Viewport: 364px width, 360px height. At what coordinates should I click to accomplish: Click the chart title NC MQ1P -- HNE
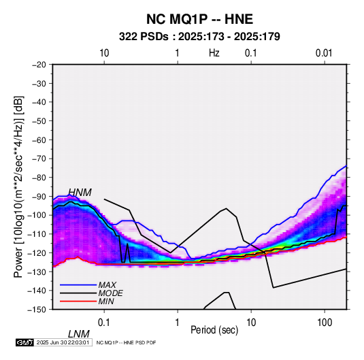(199, 19)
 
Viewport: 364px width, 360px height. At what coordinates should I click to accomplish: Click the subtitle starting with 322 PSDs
(199, 37)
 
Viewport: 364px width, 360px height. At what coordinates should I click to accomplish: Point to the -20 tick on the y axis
(39, 65)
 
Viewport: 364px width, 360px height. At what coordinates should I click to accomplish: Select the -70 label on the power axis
(39, 159)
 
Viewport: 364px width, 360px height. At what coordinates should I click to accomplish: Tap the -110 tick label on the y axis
(37, 234)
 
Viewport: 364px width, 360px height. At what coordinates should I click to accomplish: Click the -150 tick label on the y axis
(37, 310)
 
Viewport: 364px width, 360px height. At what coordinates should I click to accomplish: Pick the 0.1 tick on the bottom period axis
(104, 323)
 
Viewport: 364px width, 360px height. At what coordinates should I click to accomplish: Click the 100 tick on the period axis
(325, 323)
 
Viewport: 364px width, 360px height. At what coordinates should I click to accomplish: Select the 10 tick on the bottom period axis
(251, 323)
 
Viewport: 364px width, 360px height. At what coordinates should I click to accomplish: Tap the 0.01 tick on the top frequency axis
(324, 53)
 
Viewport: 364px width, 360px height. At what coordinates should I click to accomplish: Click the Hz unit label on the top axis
(214, 53)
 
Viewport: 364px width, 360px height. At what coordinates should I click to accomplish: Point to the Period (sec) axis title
(214, 330)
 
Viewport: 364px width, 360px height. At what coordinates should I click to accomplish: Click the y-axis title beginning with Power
(18, 186)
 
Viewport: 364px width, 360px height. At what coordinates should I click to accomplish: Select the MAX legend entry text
(107, 285)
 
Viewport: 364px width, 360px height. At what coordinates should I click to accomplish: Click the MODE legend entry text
(110, 293)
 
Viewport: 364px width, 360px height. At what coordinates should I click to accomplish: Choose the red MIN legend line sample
(78, 301)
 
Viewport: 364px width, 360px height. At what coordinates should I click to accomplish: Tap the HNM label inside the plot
(80, 193)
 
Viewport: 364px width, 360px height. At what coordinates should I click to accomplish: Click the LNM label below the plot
(79, 334)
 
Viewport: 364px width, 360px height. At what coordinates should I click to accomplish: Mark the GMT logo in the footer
(24, 342)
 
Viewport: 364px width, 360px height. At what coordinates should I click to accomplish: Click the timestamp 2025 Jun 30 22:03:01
(63, 342)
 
